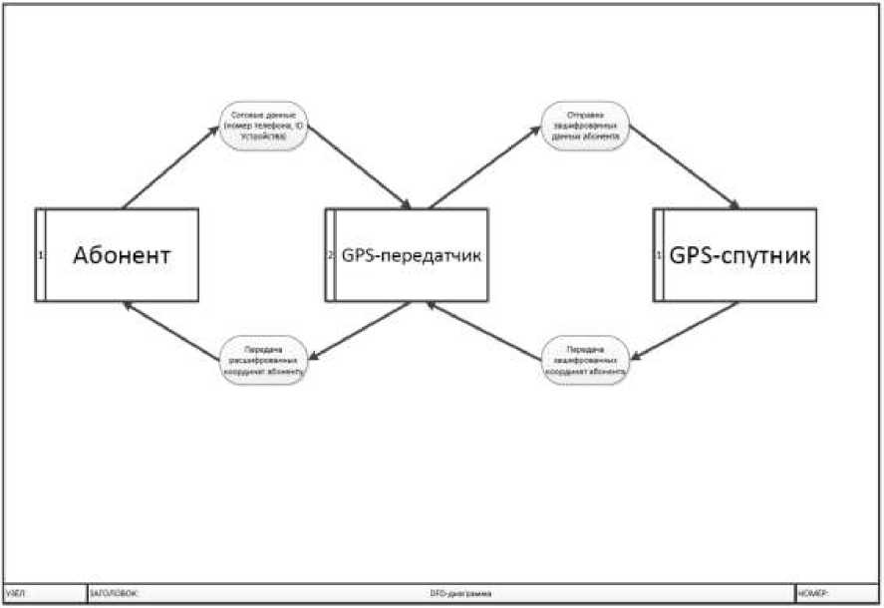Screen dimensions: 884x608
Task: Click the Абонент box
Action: coord(122,255)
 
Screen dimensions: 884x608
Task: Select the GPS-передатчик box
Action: coord(411,255)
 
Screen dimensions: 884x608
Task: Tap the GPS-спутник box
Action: coord(739,255)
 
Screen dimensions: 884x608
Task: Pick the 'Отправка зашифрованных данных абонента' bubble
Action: coord(585,130)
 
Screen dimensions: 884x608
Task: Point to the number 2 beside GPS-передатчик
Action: coord(330,255)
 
